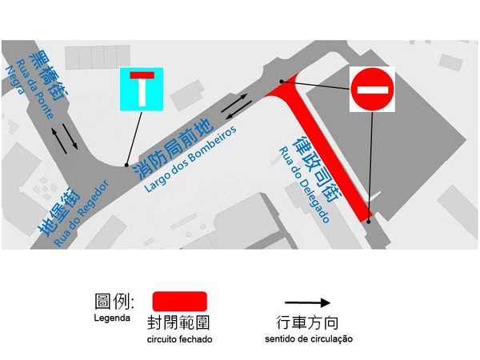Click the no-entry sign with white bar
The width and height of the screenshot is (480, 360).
pos(372,90)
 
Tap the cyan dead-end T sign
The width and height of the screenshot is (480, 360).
pos(142,89)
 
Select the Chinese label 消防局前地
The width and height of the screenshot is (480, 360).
pos(174,150)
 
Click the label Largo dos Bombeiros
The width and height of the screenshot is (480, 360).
pos(190,159)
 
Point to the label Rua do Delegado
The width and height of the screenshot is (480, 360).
pos(304,185)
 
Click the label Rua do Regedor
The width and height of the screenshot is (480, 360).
pos(82,213)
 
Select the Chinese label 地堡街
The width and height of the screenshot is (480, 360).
pos(58,212)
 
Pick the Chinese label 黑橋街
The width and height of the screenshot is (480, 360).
pos(49,76)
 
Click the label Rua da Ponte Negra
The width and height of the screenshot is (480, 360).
pos(30,90)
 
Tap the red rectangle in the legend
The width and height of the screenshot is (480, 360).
pos(180,302)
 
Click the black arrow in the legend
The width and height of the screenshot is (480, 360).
pos(307,302)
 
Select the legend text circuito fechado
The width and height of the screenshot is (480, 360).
pos(180,339)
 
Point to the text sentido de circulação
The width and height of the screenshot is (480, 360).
pos(309,339)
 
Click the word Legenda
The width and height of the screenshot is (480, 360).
pos(112,318)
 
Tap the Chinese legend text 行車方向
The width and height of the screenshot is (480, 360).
pos(307,322)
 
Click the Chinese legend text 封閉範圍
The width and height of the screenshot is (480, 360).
pos(178,322)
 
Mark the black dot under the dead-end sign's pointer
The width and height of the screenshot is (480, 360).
pos(126,166)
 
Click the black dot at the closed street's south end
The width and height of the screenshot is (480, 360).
pos(369,222)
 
